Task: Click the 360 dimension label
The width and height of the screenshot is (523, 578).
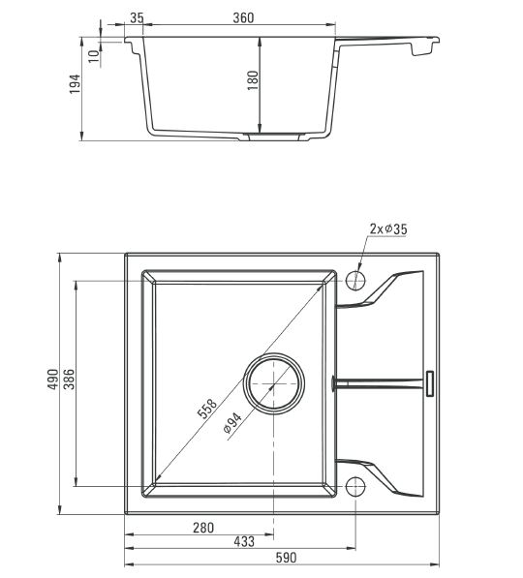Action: pyautogui.click(x=243, y=17)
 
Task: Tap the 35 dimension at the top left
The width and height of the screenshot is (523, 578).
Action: pyautogui.click(x=137, y=17)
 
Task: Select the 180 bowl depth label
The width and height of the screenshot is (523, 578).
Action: pyautogui.click(x=253, y=80)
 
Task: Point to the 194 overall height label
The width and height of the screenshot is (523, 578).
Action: pyautogui.click(x=75, y=84)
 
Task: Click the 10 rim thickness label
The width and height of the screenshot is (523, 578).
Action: pyautogui.click(x=94, y=56)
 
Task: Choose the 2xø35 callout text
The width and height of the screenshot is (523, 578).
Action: pyautogui.click(x=388, y=228)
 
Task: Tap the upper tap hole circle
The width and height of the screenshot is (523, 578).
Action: pyautogui.click(x=355, y=281)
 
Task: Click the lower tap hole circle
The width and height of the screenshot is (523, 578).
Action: pyautogui.click(x=355, y=486)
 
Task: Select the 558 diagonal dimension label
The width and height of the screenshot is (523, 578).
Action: pyautogui.click(x=207, y=409)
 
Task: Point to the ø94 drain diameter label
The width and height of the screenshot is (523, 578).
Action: pyautogui.click(x=232, y=422)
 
